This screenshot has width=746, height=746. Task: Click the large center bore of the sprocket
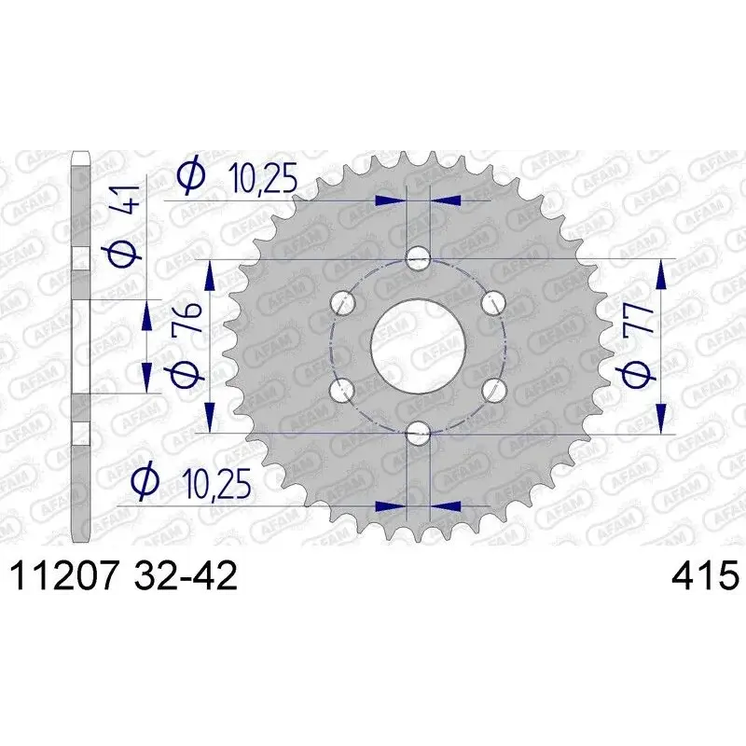point(418,346)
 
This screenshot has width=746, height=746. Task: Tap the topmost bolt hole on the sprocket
point(418,259)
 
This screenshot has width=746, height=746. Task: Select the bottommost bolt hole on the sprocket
point(418,433)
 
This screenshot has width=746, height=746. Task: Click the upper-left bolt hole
point(342,302)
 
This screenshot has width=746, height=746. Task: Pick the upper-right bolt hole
point(493,302)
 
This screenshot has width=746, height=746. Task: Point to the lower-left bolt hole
point(342,390)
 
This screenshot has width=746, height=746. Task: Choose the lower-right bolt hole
point(493,390)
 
